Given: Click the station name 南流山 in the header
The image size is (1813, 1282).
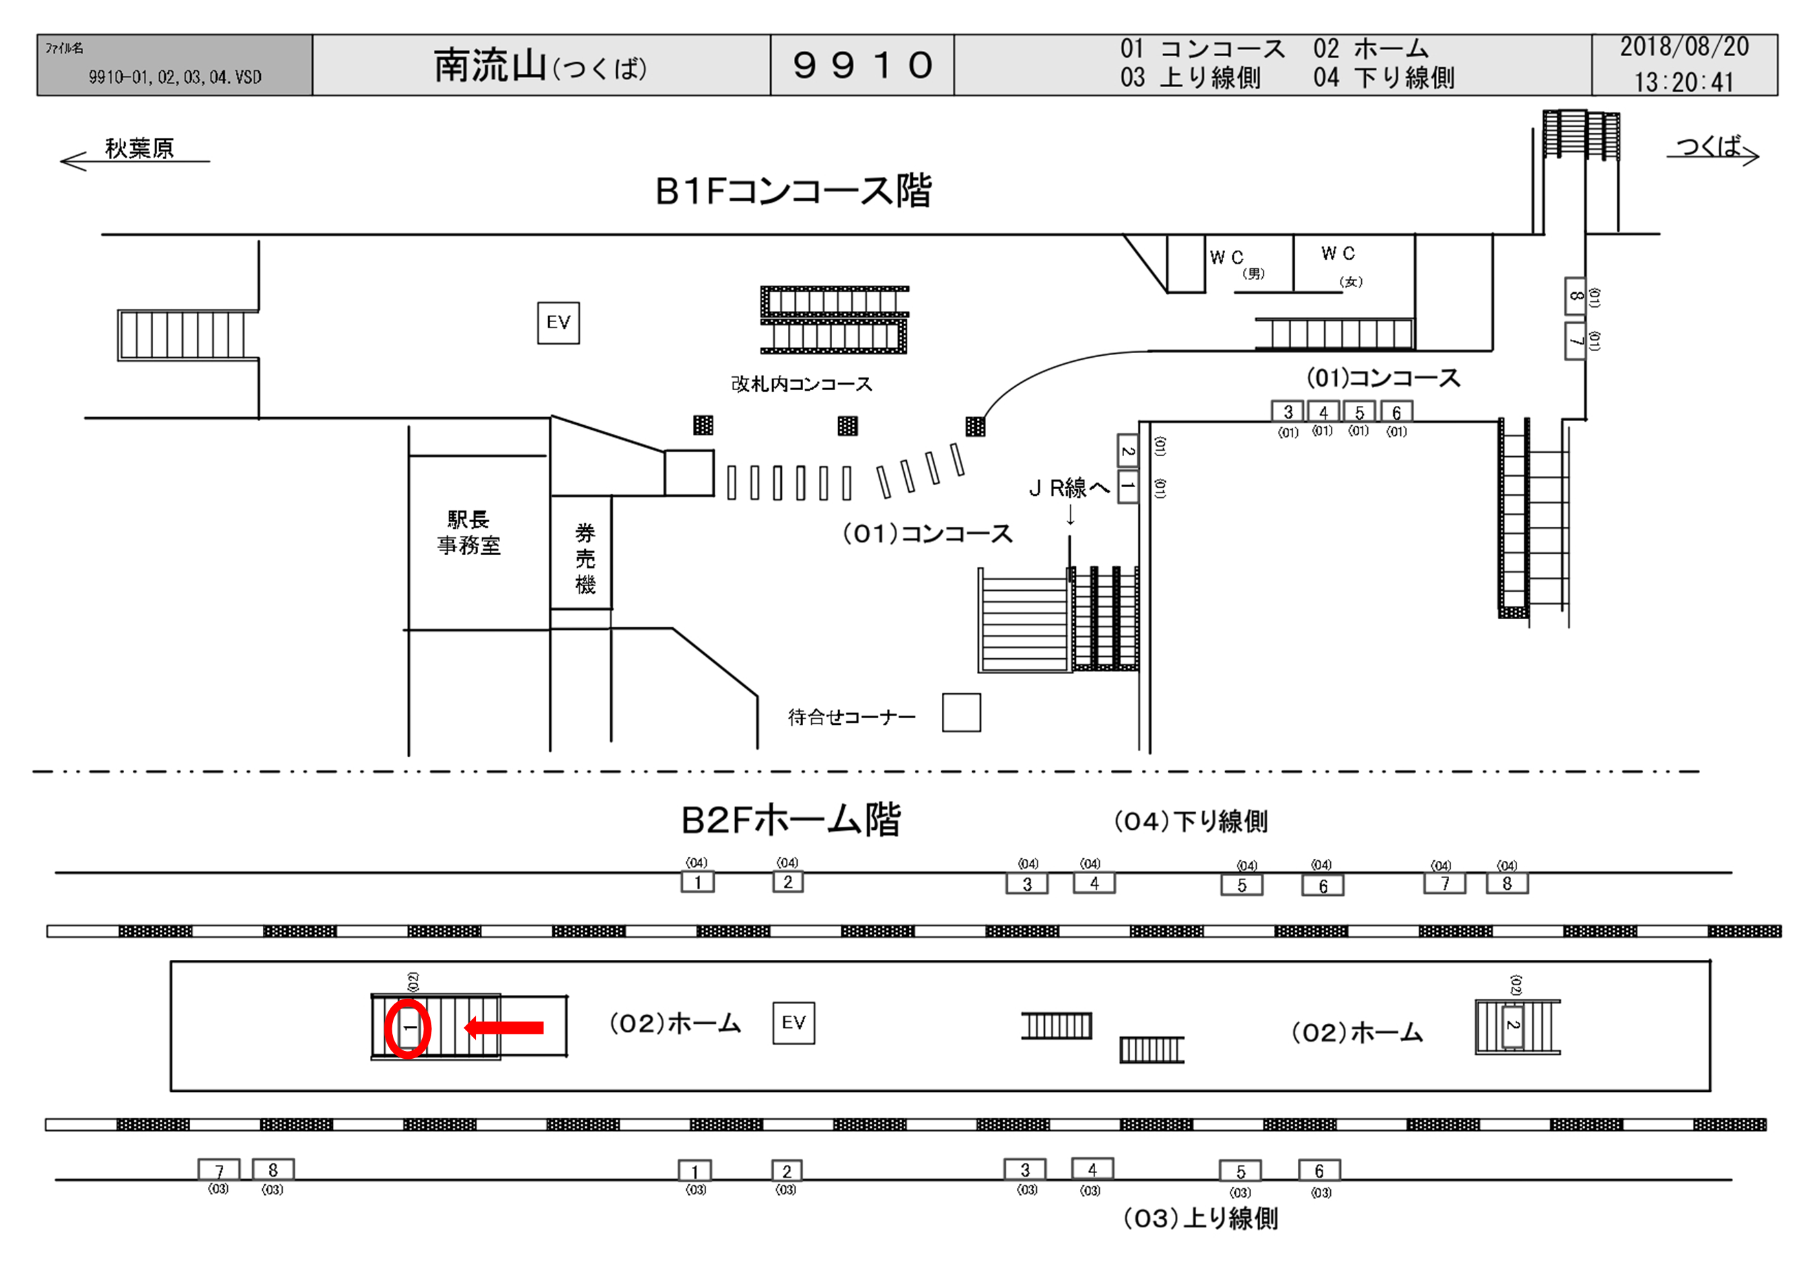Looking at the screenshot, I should [x=489, y=65].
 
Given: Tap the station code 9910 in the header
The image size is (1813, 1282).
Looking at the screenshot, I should [x=863, y=65].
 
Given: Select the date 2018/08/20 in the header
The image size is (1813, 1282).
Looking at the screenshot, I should [x=1684, y=48].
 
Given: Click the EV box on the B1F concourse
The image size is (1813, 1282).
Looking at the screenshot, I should [x=558, y=323].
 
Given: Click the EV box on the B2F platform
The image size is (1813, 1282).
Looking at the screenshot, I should [x=794, y=1023].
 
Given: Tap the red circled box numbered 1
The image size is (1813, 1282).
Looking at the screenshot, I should [x=408, y=1028].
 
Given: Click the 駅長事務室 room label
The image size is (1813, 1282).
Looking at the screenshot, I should [x=469, y=532].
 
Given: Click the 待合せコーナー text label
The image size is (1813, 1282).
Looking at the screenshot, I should [x=851, y=717].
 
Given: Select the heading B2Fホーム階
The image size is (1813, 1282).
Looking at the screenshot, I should [x=791, y=820].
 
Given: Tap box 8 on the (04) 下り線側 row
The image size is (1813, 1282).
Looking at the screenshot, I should [x=1507, y=884].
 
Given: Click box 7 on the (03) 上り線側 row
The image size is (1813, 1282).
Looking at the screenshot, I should [x=219, y=1170].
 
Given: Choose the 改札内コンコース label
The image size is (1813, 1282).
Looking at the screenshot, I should [x=801, y=384].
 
